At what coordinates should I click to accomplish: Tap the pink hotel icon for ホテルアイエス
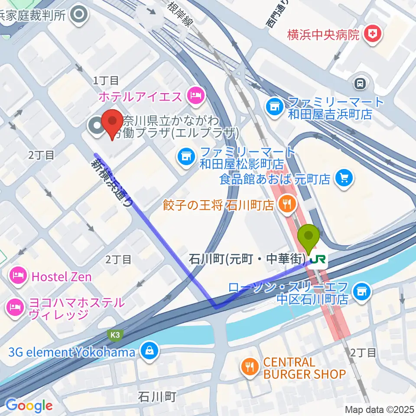[195, 95]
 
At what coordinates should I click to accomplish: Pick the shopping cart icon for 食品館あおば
[345, 178]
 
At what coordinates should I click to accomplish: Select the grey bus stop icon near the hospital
[360, 83]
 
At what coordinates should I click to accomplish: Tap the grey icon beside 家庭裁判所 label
[80, 15]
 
